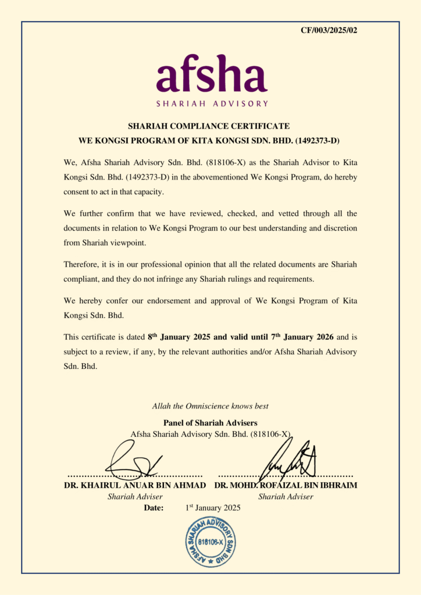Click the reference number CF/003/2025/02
click(x=329, y=30)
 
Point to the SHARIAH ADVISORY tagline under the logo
click(x=212, y=104)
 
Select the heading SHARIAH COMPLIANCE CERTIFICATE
click(x=208, y=126)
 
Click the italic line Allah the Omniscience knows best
click(x=210, y=406)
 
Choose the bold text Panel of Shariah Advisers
click(x=210, y=422)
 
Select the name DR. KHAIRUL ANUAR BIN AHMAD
click(x=134, y=485)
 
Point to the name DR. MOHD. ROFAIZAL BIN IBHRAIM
click(x=286, y=485)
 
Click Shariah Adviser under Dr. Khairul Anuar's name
click(x=135, y=497)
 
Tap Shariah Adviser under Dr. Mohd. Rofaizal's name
click(x=286, y=497)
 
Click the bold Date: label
click(x=154, y=508)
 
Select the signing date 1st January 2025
click(x=212, y=508)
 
